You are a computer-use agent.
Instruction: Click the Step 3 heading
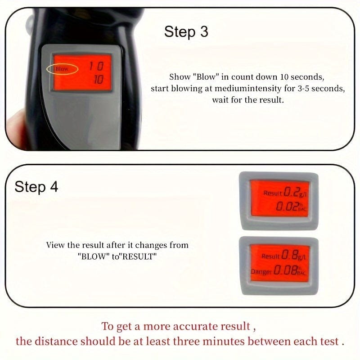point(186,32)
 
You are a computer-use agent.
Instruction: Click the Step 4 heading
point(36,187)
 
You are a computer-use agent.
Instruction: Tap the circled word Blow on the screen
point(62,69)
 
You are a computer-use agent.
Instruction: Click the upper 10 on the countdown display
point(95,67)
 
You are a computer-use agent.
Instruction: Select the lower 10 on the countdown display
point(98,80)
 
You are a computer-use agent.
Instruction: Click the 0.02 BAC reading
point(289,207)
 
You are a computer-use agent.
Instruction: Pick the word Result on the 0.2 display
point(273,193)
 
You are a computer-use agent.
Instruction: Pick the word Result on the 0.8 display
point(271,256)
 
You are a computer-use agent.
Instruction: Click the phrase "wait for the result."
point(248,100)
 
